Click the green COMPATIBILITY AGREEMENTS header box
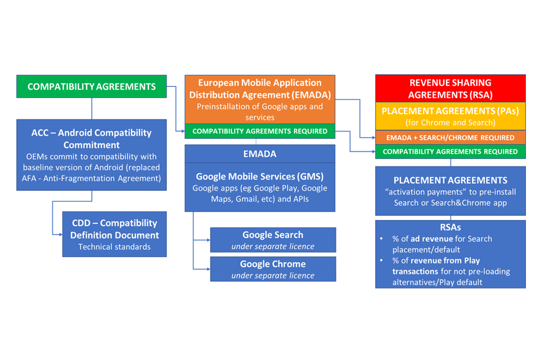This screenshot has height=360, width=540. [92, 87]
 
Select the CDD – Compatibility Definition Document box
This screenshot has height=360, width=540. [114, 234]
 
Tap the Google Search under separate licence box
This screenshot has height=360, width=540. [273, 240]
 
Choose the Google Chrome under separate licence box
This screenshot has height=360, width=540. [273, 269]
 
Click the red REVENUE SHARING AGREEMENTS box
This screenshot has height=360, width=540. [450, 88]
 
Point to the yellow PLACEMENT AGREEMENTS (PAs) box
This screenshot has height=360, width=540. [450, 116]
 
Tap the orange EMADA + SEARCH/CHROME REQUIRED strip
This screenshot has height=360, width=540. [450, 137]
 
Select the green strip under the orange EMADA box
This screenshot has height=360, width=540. [260, 131]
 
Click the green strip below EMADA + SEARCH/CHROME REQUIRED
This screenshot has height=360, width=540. [450, 151]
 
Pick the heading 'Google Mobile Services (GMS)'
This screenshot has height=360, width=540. [260, 175]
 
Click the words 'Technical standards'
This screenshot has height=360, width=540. [114, 246]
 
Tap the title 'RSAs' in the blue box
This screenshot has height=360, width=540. [450, 227]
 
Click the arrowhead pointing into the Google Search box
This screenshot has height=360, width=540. [208, 240]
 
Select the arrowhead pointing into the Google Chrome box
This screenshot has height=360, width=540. [208, 269]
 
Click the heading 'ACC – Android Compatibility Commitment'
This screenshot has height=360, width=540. [92, 139]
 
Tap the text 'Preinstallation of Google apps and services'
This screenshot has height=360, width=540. [260, 112]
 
